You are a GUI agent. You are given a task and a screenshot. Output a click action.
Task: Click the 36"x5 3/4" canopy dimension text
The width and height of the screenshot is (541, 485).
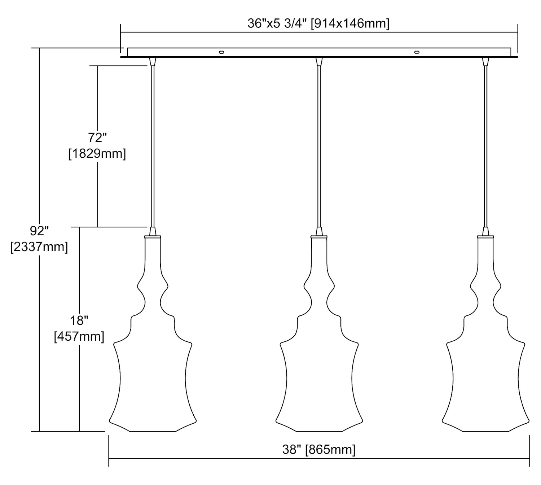pos(277,24)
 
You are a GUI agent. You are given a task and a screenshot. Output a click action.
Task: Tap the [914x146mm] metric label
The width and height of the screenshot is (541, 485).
pos(350,24)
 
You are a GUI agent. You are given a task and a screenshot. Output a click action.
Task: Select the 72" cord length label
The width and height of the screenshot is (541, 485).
pos(97,138)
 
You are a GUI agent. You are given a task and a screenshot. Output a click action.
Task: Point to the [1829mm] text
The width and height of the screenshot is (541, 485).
pos(97,154)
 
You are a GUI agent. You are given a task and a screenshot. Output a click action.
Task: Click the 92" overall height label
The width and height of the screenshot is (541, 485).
pos(39,231)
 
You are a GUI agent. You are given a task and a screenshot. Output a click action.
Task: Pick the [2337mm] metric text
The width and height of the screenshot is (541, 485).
pos(39,247)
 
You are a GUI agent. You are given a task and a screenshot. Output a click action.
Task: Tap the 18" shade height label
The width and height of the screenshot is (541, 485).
pos(79,320)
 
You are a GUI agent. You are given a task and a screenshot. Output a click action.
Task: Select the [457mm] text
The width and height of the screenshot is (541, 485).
pos(79,336)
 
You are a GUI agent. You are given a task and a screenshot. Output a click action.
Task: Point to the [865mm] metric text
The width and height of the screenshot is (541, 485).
pos(330,450)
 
